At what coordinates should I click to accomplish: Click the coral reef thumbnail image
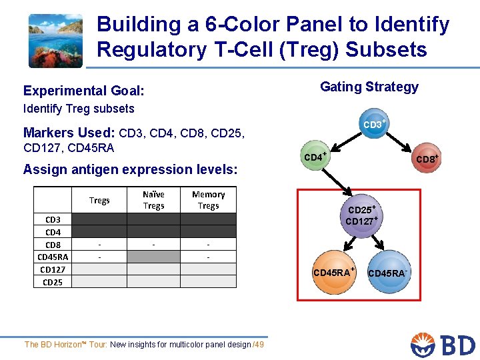55,41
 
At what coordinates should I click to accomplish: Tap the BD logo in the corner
443,344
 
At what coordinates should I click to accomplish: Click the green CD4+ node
315,157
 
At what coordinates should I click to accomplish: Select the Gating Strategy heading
369,87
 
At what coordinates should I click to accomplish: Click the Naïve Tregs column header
153,200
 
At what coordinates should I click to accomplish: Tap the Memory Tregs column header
209,200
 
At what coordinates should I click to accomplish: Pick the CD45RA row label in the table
53,257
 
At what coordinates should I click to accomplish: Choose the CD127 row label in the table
53,269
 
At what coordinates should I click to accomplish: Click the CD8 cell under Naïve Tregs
153,244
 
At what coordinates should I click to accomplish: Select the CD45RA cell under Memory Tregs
209,257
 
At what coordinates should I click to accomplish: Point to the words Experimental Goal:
84,91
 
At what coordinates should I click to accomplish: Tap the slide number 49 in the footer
259,344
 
